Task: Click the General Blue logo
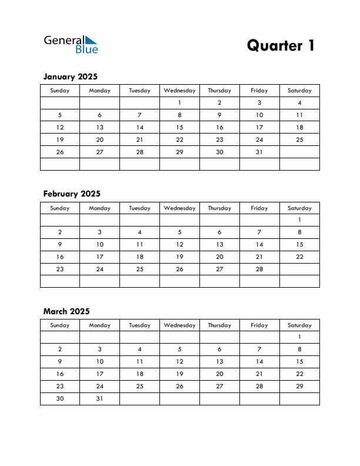tap(71, 44)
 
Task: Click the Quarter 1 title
tap(281, 45)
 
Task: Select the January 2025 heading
tap(70, 76)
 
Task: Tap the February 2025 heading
tap(72, 194)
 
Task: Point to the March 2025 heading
tap(66, 311)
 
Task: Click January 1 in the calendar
tap(179, 103)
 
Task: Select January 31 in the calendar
tap(259, 152)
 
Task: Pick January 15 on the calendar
tap(179, 127)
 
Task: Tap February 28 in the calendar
tap(259, 269)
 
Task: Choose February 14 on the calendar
tap(259, 244)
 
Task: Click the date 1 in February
tap(299, 219)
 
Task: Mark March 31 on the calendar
tap(99, 398)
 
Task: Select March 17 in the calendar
tap(99, 374)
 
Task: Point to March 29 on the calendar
tap(299, 386)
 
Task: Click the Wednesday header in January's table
tap(179, 91)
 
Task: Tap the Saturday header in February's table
tap(299, 208)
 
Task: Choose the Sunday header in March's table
tap(59, 325)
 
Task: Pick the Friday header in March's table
tap(259, 325)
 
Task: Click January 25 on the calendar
tap(299, 139)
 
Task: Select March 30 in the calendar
tap(59, 398)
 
